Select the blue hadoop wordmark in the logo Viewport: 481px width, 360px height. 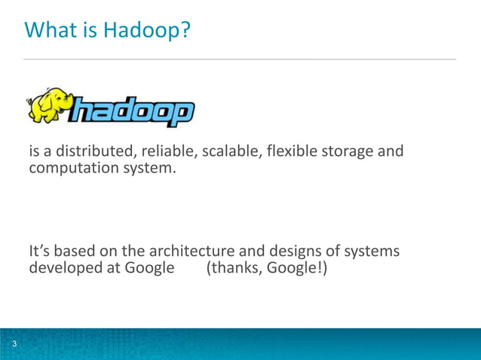pyautogui.click(x=131, y=114)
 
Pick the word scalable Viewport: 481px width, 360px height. pyautogui.click(x=228, y=152)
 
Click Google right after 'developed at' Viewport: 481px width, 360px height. pyautogui.click(x=149, y=267)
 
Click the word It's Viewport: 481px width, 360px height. pyautogui.click(x=39, y=251)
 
